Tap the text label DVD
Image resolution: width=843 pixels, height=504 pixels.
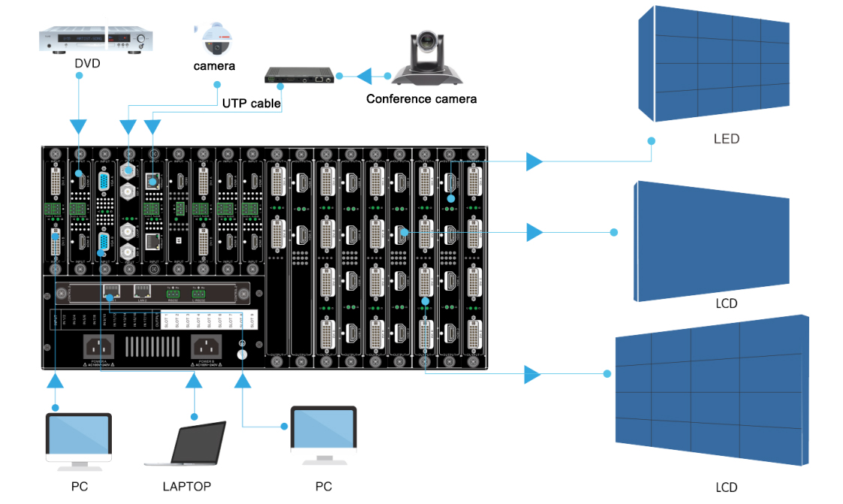tap(88, 63)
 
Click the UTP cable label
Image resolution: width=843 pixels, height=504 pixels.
tap(251, 104)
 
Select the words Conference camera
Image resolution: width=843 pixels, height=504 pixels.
tap(421, 98)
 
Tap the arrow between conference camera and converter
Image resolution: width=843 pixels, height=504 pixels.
tap(364, 76)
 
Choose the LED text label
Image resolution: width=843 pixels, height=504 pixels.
tap(726, 139)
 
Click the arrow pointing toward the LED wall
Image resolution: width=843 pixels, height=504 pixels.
tap(534, 161)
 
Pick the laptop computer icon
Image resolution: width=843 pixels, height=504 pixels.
tap(197, 444)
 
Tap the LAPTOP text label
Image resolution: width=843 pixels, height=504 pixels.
tap(187, 486)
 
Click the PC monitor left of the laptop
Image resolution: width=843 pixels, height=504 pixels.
tap(79, 437)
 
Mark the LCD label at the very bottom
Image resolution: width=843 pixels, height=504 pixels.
tap(726, 487)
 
